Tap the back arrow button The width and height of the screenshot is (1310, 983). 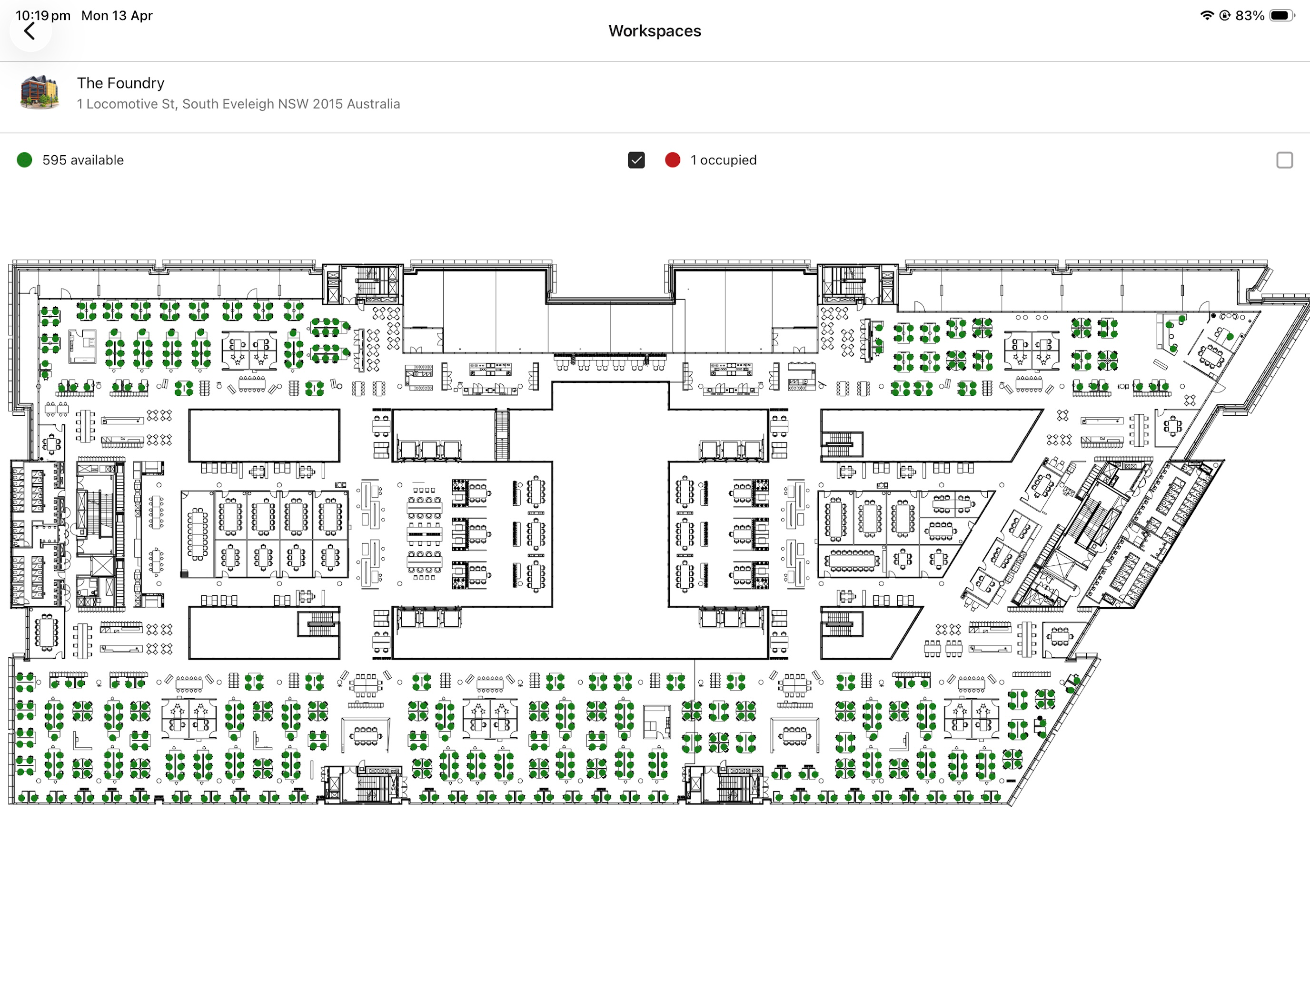tap(30, 31)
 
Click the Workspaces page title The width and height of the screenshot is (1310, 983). tap(655, 31)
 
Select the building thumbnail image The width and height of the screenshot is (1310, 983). tap(40, 92)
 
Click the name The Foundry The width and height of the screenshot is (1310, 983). tap(120, 83)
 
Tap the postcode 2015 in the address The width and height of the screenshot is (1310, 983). tap(327, 104)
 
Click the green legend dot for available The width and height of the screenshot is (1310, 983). tap(24, 160)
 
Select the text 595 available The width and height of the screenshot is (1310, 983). tap(83, 160)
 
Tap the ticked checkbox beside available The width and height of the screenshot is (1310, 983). tap(636, 160)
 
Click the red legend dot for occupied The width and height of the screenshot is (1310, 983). tap(672, 160)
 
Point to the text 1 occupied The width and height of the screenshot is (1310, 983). tap(723, 160)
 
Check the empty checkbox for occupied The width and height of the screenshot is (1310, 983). tap(1285, 160)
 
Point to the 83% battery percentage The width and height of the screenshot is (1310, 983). tap(1250, 15)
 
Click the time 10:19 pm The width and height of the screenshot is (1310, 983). tap(43, 15)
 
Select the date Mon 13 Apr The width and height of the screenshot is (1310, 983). tap(117, 15)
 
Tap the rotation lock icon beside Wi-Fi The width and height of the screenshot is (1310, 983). tap(1225, 15)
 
